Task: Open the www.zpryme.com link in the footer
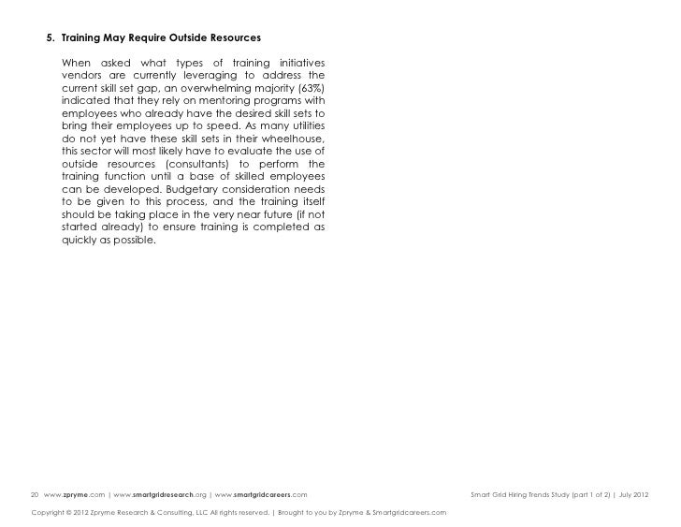tap(75, 493)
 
